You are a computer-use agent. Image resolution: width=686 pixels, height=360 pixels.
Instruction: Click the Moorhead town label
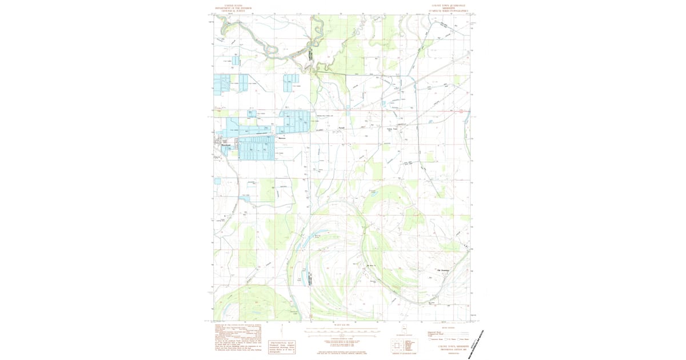225,145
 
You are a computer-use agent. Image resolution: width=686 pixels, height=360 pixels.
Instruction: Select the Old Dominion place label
444,270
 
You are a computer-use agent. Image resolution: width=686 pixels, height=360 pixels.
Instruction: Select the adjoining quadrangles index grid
398,346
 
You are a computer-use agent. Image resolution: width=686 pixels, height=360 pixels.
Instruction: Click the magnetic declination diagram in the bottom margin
283,330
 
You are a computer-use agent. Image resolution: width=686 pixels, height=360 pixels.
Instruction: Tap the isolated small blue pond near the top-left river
236,60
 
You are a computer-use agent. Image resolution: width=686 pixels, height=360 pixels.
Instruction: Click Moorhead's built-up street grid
220,143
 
